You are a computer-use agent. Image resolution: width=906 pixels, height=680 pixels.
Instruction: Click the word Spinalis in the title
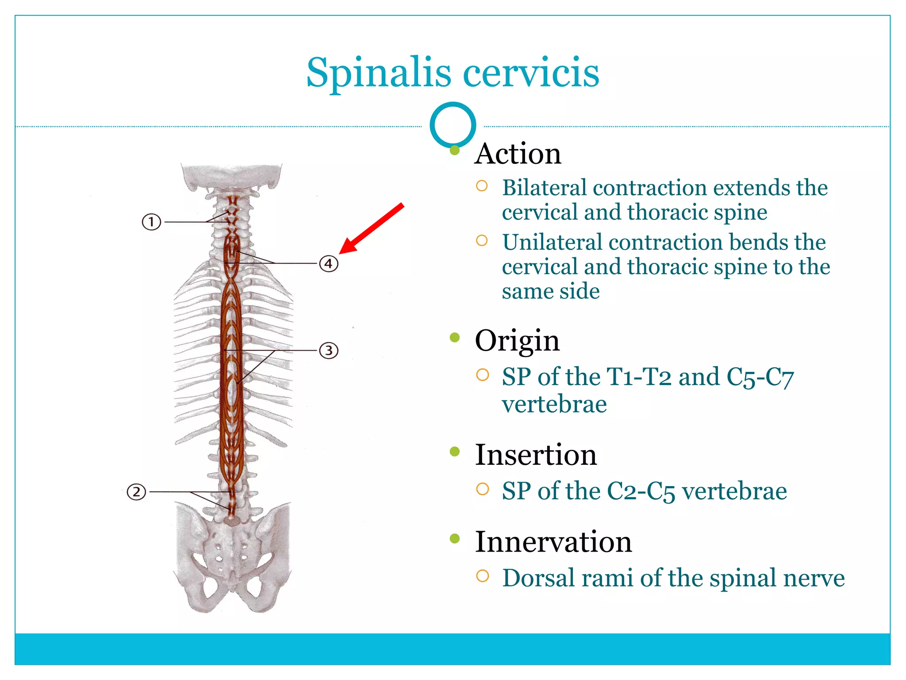[379, 73]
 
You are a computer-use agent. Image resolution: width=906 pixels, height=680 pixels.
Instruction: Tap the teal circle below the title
[453, 125]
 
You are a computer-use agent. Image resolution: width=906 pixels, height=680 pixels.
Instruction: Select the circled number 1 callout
[151, 221]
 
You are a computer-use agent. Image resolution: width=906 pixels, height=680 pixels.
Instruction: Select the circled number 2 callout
[136, 492]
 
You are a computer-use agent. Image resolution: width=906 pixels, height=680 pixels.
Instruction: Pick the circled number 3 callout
[329, 351]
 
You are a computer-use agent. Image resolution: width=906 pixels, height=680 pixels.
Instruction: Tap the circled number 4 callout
[329, 264]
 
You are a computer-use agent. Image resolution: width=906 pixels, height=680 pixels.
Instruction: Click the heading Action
[518, 154]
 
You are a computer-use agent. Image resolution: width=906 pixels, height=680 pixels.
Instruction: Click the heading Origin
[517, 341]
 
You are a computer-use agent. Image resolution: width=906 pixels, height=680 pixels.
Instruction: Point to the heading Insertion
[535, 455]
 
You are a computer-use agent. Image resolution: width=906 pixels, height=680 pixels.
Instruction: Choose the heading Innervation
[553, 541]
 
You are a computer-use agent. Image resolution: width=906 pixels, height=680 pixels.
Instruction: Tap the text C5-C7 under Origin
[760, 377]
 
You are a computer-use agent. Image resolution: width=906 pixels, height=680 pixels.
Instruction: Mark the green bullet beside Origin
[454, 338]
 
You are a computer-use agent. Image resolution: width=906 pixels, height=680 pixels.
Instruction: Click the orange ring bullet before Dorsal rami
[482, 576]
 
